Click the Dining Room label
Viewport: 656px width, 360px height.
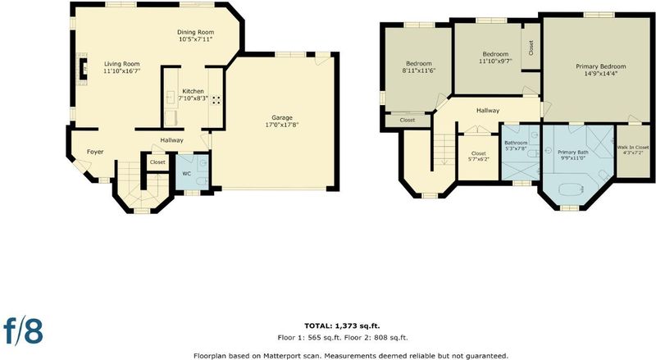[195, 32]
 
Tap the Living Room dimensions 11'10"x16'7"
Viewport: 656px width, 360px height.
[121, 71]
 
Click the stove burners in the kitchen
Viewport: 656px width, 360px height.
[216, 100]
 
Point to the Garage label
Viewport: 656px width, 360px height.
[282, 117]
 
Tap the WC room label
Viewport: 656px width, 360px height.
[187, 173]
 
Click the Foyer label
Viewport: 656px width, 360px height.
[95, 152]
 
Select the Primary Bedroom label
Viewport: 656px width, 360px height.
[601, 66]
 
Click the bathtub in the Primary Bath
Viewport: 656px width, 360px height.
[571, 189]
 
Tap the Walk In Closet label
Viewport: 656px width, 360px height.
[632, 148]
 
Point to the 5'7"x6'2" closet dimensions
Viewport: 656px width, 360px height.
[478, 159]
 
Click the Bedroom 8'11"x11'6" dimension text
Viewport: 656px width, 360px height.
[419, 71]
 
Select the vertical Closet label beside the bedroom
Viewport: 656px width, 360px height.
[531, 48]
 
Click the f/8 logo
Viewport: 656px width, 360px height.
[23, 330]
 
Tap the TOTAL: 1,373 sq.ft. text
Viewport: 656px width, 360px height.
[342, 326]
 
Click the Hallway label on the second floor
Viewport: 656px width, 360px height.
[488, 111]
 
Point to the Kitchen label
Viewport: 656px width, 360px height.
[194, 91]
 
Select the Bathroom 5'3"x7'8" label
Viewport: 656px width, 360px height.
[516, 145]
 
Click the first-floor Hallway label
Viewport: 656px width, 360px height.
[171, 140]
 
